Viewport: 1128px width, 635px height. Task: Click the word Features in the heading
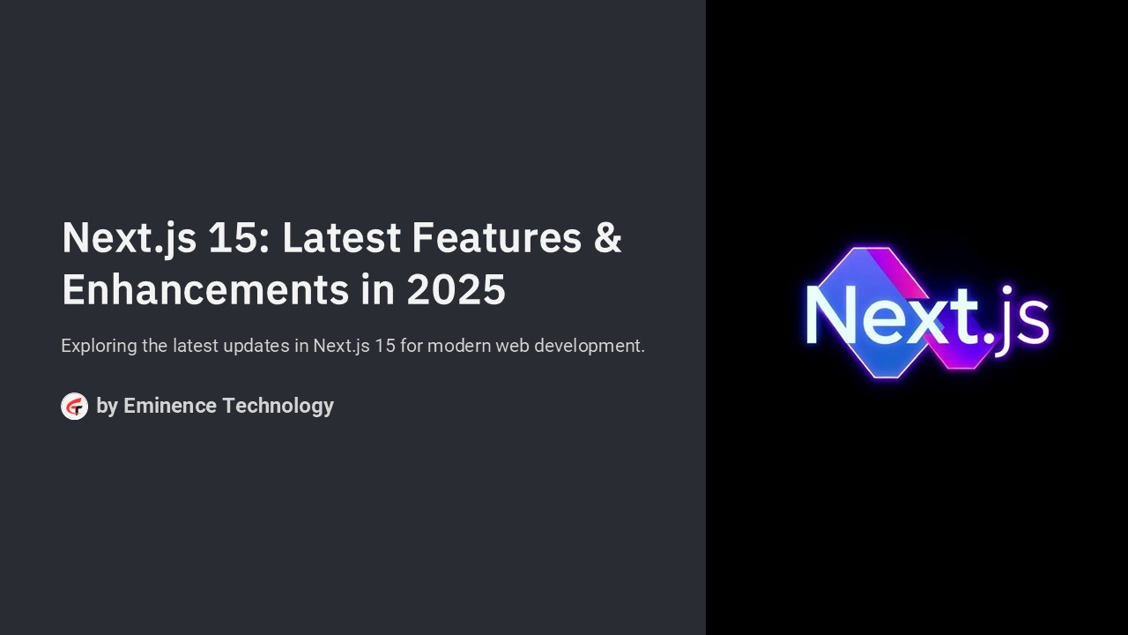[496, 238]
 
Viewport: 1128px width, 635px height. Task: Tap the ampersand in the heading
[607, 238]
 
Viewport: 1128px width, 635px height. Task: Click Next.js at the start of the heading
[129, 238]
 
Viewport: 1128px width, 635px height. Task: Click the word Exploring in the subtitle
[99, 346]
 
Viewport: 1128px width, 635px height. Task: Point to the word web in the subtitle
[512, 346]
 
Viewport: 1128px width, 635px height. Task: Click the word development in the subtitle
[590, 346]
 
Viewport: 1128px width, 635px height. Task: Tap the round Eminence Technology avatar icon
[74, 407]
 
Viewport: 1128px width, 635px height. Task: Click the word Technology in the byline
[278, 406]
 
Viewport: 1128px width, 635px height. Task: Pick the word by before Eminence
[107, 406]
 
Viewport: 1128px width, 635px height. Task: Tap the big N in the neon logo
[831, 314]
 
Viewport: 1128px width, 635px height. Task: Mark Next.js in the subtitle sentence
[341, 346]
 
